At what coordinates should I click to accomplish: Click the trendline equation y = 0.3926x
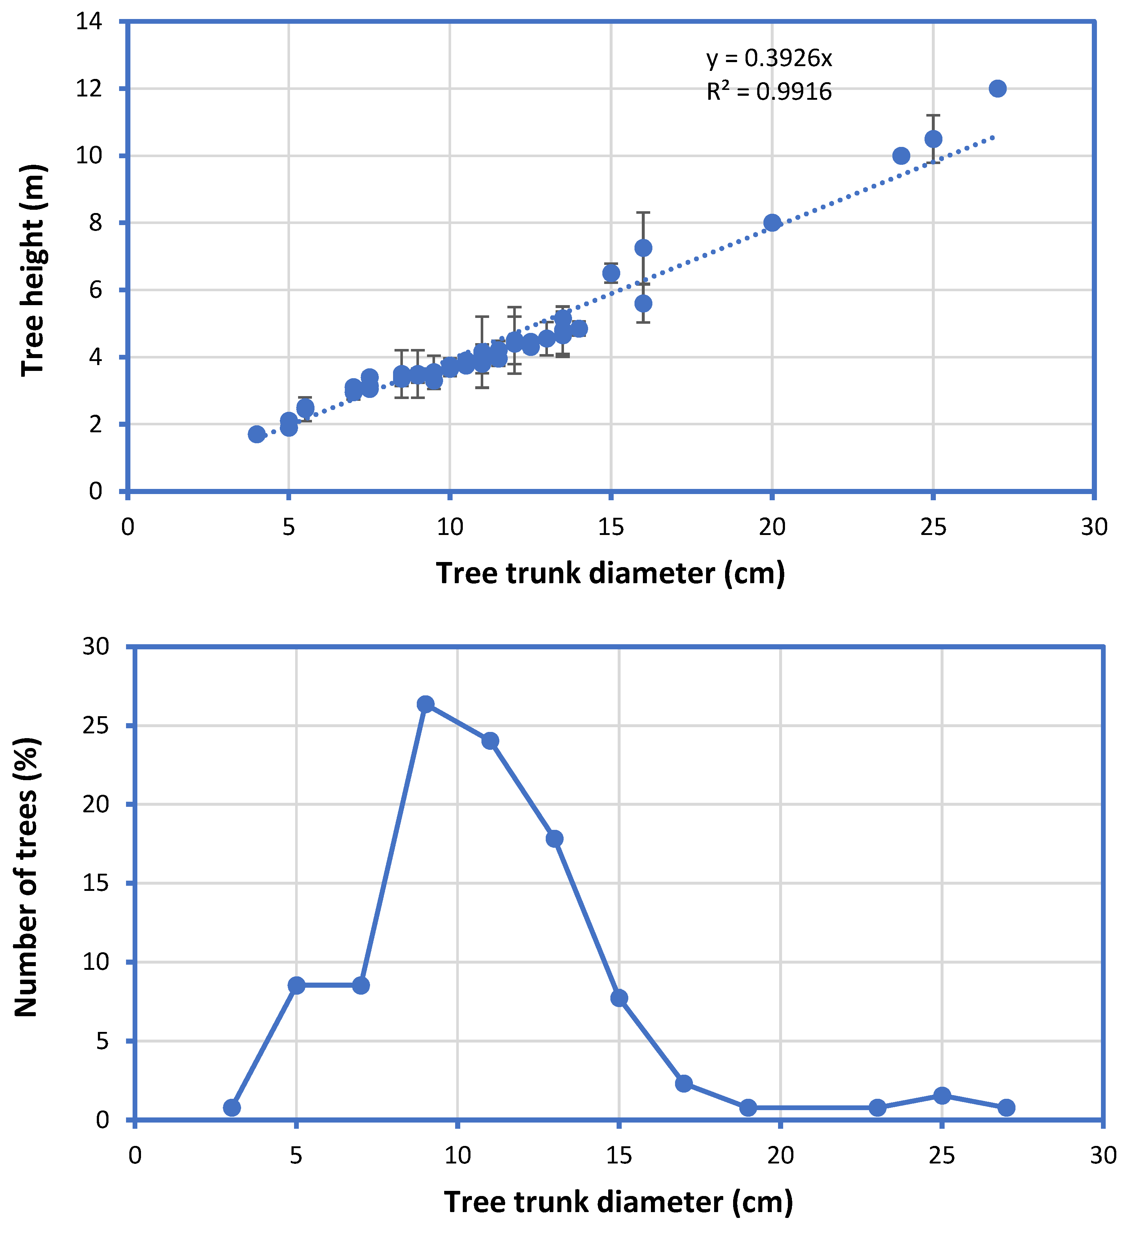[769, 58]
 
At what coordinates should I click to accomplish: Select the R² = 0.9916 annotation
[769, 91]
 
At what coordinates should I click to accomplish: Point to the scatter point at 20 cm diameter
[773, 223]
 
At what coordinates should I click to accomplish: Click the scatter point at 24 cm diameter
[901, 156]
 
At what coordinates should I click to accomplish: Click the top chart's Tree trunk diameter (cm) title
[611, 573]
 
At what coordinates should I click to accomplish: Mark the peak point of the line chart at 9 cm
[426, 705]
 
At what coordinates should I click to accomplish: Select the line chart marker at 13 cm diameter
[555, 839]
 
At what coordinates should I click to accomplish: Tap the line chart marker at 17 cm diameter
[683, 1084]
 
